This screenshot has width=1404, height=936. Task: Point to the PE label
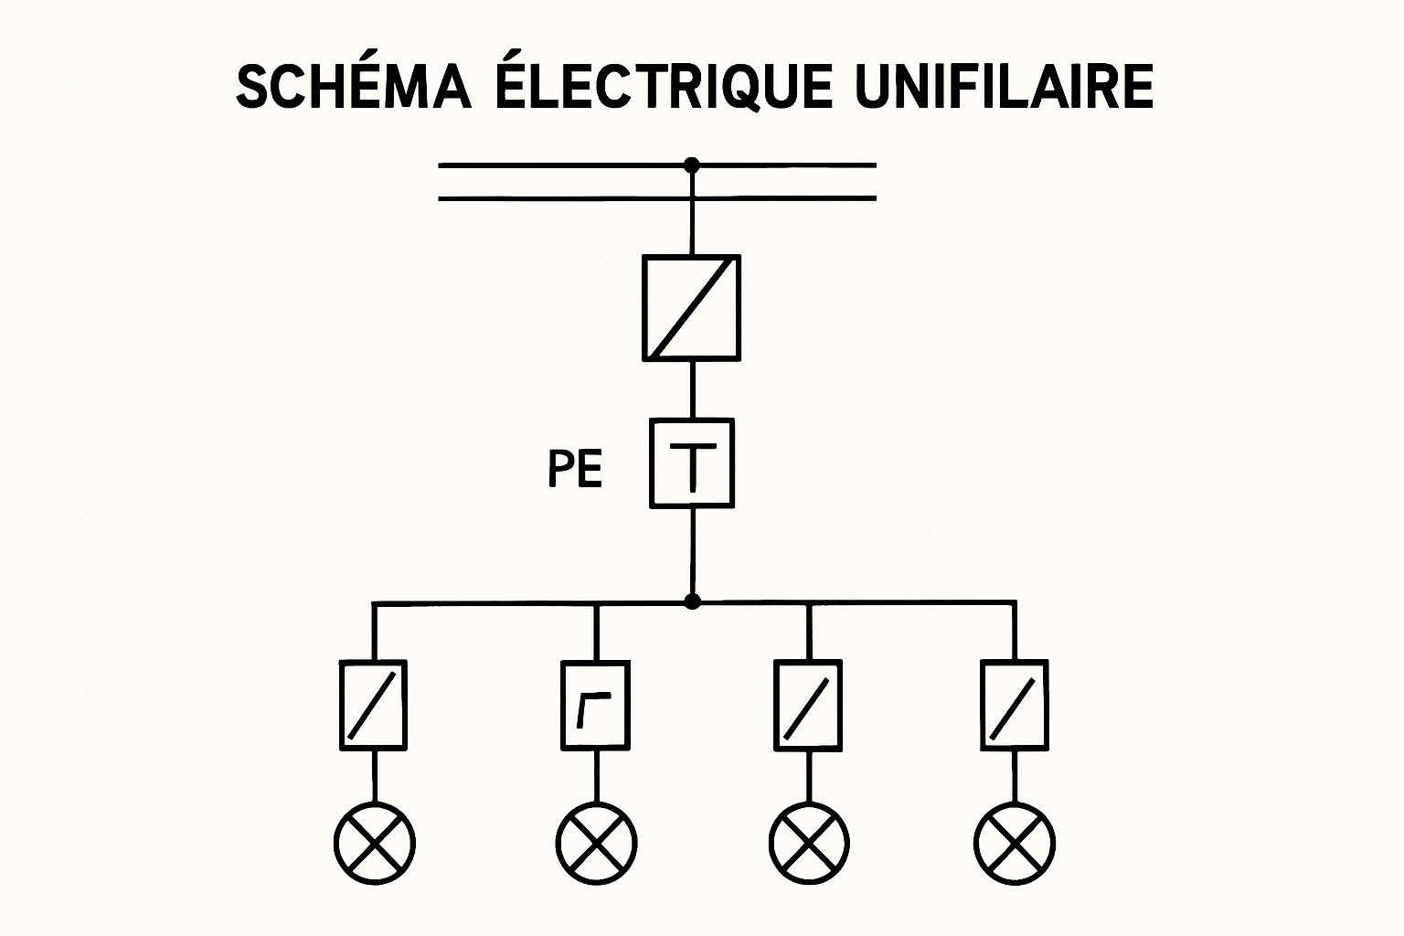[575, 471]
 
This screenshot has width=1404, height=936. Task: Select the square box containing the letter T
[692, 463]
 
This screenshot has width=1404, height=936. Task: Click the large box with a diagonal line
[692, 308]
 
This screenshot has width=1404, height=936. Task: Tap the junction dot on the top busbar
[692, 165]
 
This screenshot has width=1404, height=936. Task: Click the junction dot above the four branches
[693, 601]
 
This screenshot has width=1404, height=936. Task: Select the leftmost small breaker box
[374, 705]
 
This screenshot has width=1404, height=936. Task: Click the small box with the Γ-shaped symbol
[595, 705]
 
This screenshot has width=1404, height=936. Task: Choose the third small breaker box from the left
[809, 705]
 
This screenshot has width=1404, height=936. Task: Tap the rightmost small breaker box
[1015, 705]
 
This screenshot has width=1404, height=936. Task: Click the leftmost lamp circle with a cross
[374, 843]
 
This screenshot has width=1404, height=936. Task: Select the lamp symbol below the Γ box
[596, 843]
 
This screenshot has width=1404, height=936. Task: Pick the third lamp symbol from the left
[809, 843]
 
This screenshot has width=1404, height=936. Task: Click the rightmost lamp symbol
[1015, 843]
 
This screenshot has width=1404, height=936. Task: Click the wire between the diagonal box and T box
[692, 390]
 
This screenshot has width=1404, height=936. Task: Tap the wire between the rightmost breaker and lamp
[1015, 777]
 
